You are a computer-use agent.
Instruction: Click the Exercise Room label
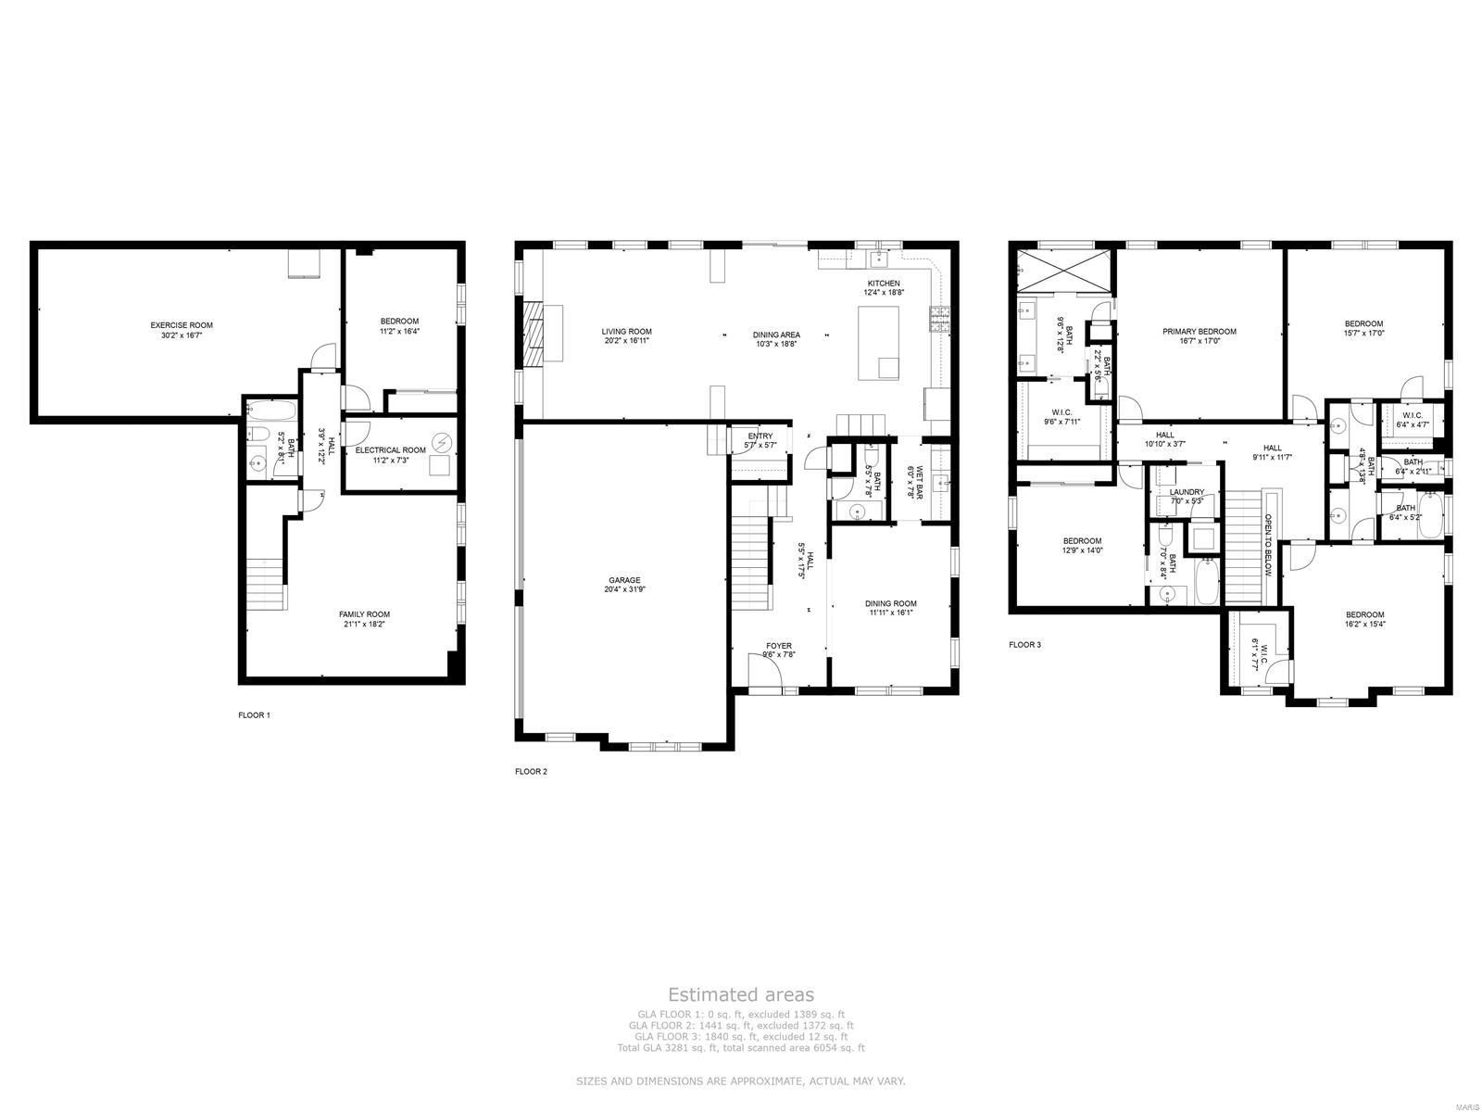[182, 325]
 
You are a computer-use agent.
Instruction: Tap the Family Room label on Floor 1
[364, 613]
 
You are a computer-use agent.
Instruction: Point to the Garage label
[624, 580]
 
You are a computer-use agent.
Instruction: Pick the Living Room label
[627, 332]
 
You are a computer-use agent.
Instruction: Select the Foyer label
[778, 646]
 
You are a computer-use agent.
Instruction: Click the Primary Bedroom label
[1199, 332]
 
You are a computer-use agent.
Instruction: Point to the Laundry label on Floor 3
[1187, 492]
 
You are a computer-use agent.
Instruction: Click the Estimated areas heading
[741, 994]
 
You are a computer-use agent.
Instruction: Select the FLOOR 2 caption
[532, 771]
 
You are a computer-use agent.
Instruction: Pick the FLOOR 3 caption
[1024, 644]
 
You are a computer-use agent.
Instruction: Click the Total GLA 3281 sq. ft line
[741, 1048]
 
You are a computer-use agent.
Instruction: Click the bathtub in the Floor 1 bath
[271, 411]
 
